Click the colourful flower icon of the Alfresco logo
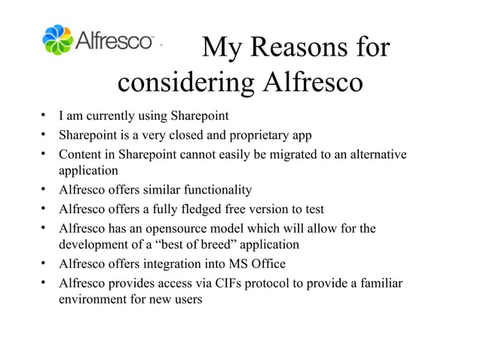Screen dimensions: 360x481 [57, 41]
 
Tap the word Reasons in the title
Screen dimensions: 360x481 [290, 49]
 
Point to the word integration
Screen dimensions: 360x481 [179, 264]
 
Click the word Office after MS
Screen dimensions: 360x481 [267, 264]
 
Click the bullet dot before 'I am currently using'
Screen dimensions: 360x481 [45, 117]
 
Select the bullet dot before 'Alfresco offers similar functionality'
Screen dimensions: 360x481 [45, 190]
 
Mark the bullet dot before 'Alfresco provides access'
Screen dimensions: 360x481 [45, 283]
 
